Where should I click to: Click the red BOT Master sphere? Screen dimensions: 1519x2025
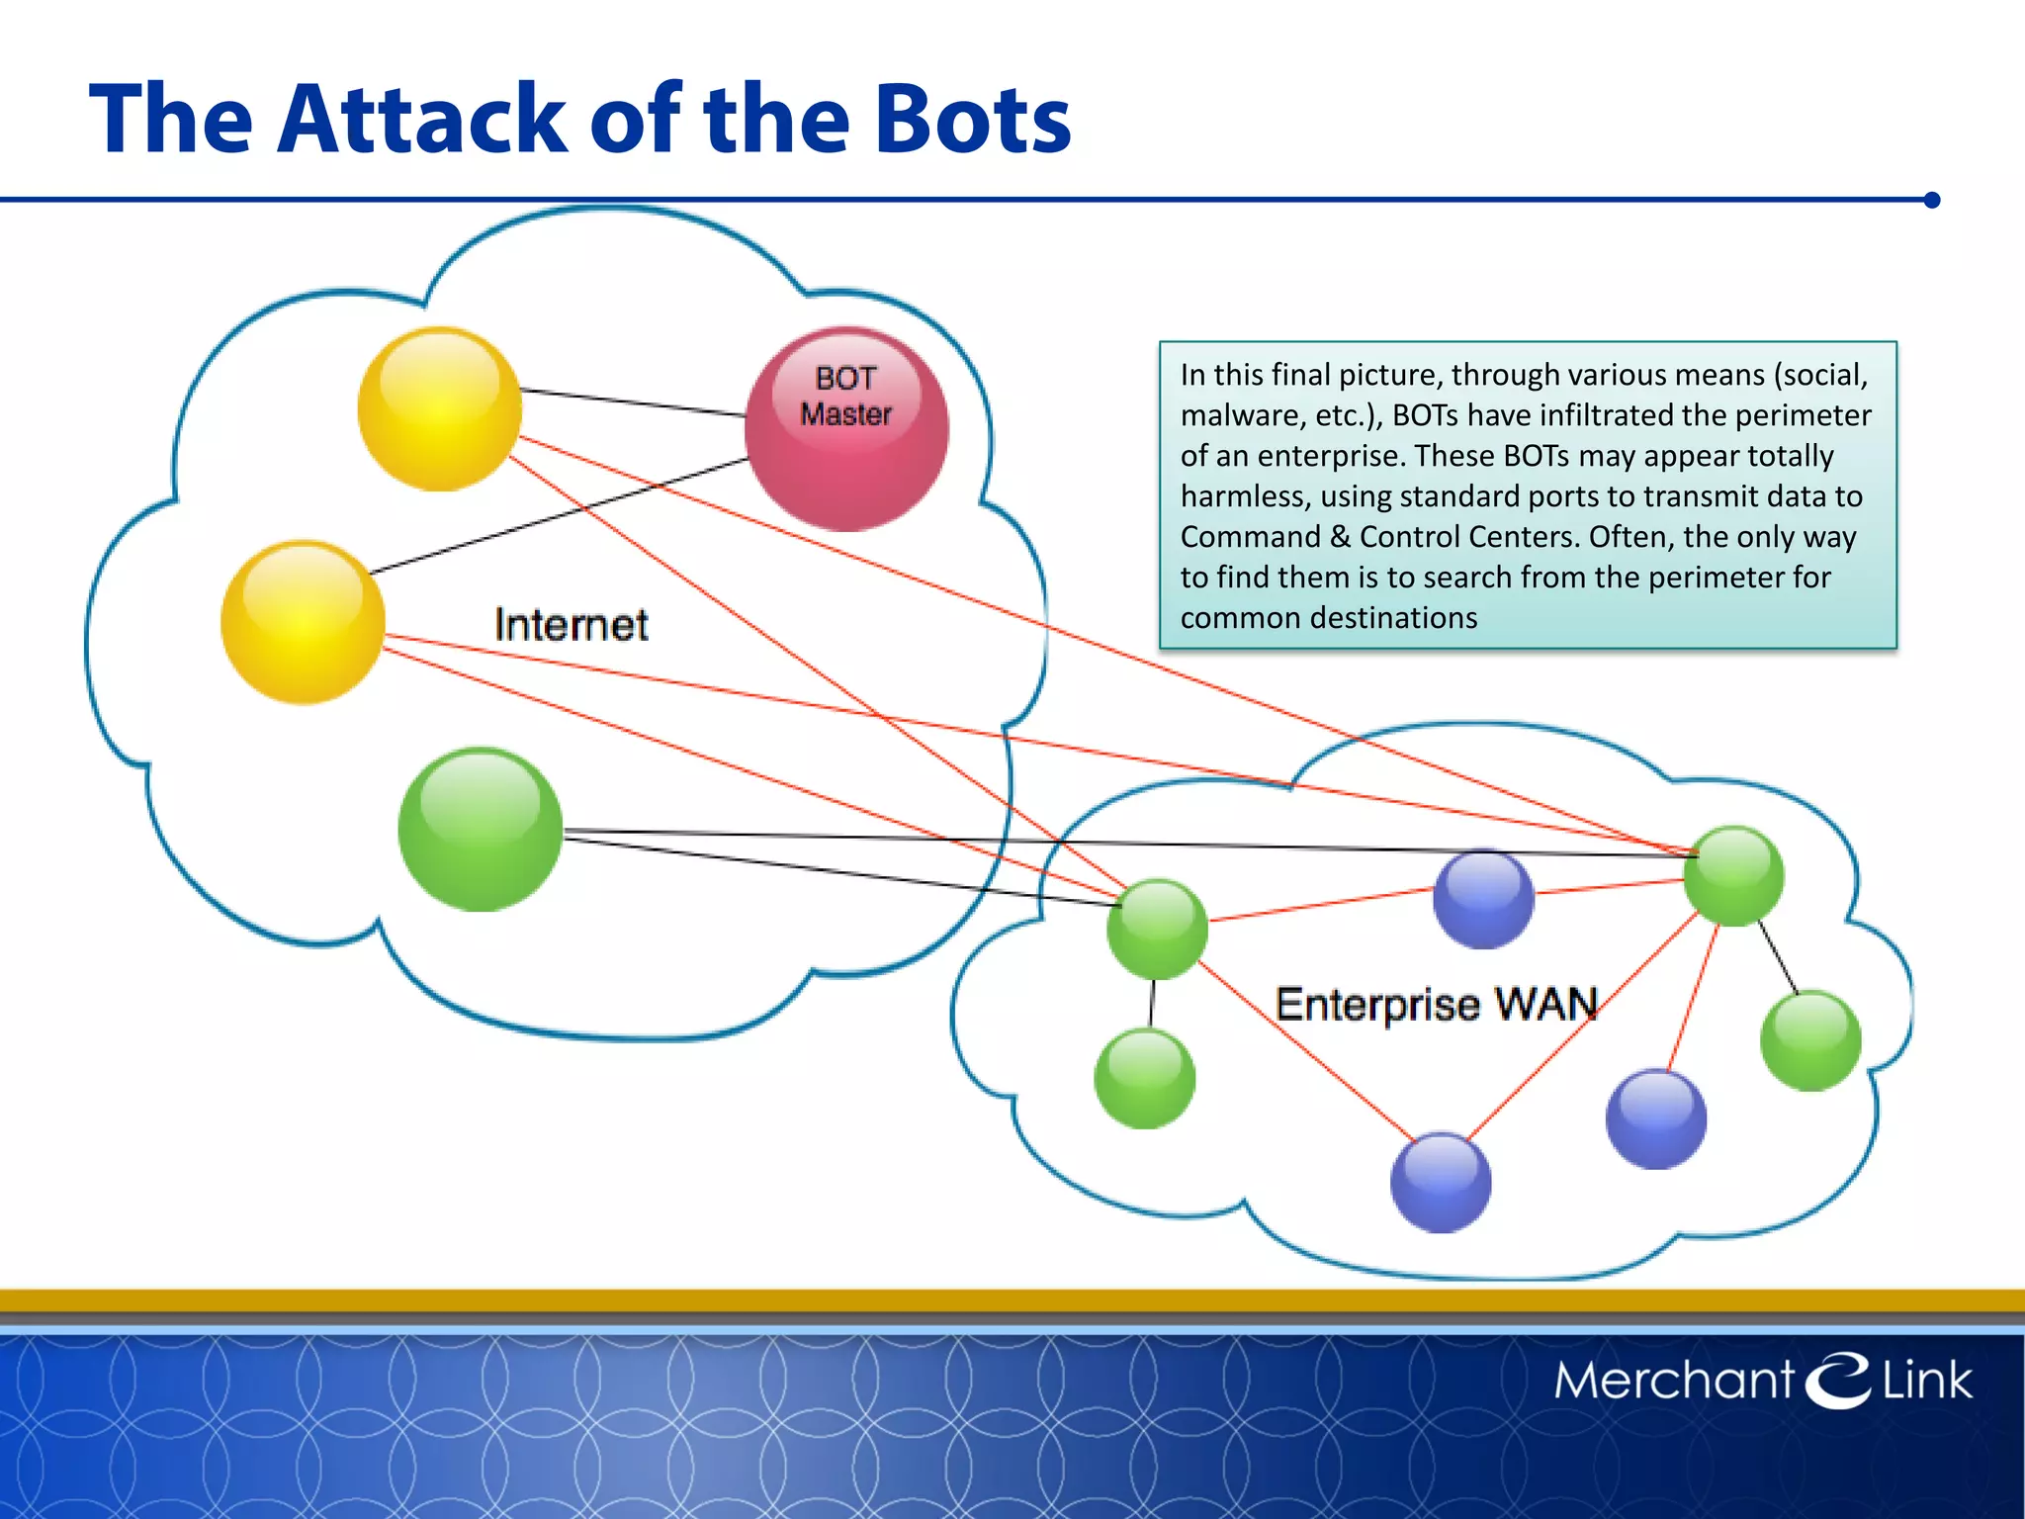point(846,429)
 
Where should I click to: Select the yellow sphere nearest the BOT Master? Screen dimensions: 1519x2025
point(439,408)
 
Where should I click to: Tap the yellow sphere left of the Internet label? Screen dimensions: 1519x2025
point(303,622)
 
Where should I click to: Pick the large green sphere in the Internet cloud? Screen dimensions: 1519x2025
point(481,829)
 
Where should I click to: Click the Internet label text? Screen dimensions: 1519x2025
point(571,625)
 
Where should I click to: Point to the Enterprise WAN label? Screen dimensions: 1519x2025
point(1436,1004)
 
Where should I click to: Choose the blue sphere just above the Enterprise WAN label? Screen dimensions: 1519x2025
point(1483,899)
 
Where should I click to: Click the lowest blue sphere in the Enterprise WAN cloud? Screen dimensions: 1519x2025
point(1441,1183)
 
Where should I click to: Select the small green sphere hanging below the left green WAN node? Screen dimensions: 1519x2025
point(1145,1078)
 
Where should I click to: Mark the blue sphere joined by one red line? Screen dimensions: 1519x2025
point(1656,1118)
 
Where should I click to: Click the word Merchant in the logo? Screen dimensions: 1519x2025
point(1673,1380)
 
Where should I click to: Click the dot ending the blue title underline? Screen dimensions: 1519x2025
point(1932,200)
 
